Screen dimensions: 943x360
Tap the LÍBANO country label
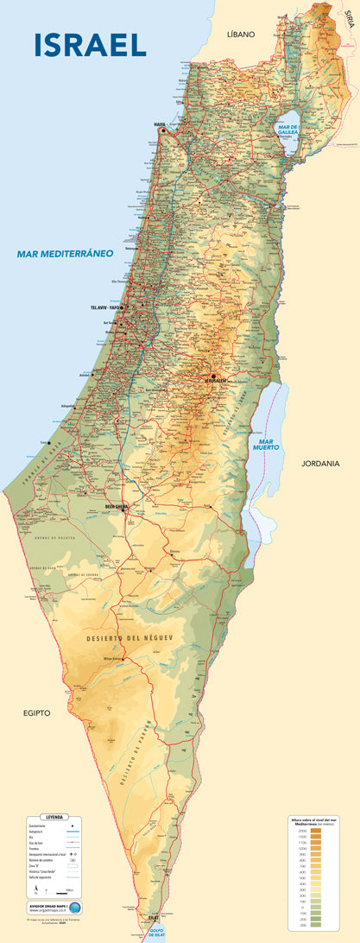241,34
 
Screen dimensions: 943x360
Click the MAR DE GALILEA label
287,130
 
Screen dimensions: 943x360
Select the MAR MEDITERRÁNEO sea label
66,254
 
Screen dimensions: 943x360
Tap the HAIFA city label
160,124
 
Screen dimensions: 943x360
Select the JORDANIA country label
320,464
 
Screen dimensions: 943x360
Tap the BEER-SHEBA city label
117,507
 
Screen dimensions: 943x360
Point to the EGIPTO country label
37,713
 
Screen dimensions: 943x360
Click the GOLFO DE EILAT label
155,934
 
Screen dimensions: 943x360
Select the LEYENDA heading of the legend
54,816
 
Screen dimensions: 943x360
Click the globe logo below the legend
74,908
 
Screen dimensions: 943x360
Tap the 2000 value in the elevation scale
303,830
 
